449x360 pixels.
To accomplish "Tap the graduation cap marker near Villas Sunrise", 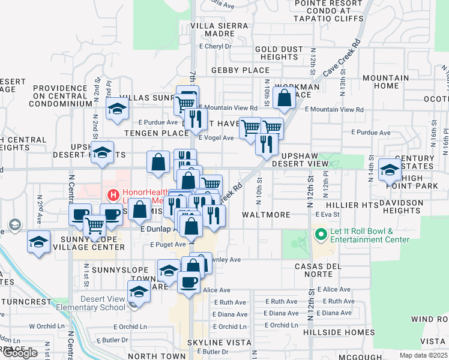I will pos(117,109).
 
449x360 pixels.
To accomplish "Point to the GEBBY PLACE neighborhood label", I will pos(240,70).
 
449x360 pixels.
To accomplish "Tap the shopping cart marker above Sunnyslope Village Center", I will pos(95,226).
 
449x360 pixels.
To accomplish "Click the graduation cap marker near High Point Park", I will pos(390,170).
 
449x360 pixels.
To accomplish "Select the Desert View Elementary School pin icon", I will pos(134,304).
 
